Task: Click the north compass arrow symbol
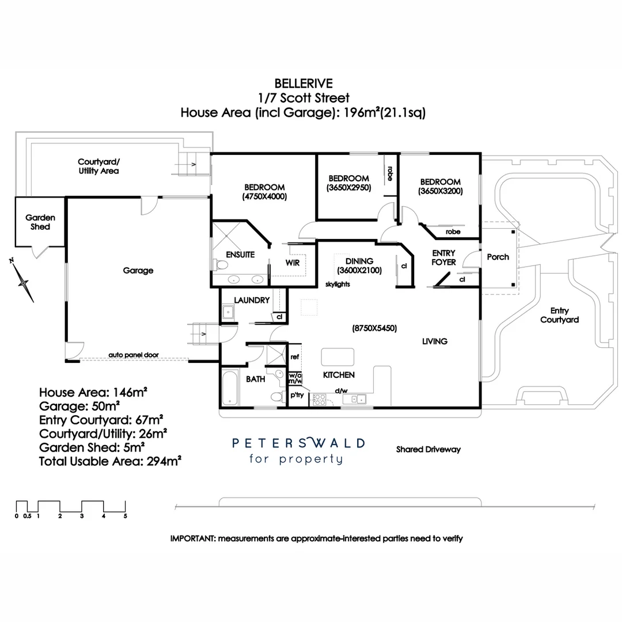24,282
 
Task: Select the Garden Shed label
40,222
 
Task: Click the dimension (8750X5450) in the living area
374,328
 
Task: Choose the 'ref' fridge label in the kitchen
295,357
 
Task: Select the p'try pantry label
297,395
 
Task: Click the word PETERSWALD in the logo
298,443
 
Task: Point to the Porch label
498,257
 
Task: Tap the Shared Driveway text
428,450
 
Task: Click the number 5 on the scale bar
125,516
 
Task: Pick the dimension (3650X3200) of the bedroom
440,191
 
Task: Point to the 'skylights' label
337,284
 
